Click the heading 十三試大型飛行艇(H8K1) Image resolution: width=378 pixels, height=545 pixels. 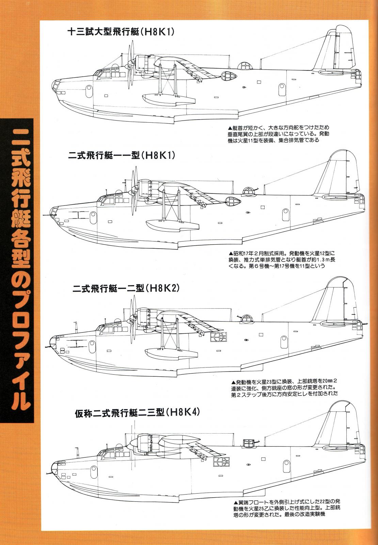pos(121,32)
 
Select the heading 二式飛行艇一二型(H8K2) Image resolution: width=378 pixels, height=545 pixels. pos(126,288)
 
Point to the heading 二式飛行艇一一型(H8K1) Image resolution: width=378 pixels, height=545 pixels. pos(121,155)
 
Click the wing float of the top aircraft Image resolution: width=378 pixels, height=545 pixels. pos(169,98)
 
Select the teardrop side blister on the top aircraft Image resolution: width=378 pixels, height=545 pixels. pos(229,76)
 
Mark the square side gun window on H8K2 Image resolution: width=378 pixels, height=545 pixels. pos(218,337)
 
